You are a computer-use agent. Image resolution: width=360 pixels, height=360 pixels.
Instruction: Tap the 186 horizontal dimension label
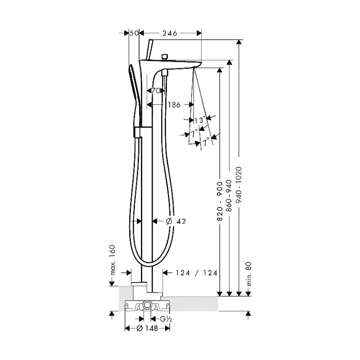[x=174, y=105]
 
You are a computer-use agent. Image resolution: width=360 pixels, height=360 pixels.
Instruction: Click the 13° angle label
[x=200, y=120]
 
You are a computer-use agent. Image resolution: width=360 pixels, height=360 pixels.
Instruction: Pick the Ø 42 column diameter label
[x=176, y=221]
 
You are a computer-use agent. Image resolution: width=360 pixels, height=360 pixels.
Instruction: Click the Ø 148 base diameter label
[x=147, y=329]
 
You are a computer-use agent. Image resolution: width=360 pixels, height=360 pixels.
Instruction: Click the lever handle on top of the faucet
[x=150, y=49]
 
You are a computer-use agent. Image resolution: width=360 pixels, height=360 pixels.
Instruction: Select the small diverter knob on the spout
[x=164, y=57]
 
